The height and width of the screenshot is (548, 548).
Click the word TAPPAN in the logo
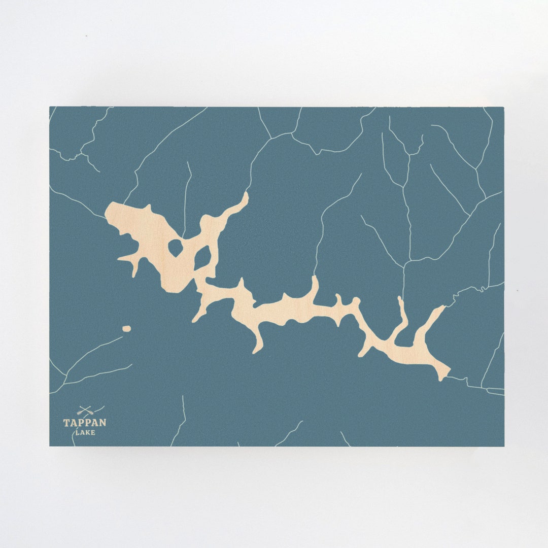coord(85,422)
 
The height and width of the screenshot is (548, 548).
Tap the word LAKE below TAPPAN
coord(85,432)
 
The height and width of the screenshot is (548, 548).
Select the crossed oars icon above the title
coord(85,410)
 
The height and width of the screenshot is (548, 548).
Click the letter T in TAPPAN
coord(66,422)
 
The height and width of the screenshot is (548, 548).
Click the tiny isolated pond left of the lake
coord(126,329)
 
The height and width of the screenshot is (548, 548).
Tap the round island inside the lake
coord(175,248)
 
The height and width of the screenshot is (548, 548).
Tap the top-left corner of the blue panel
coord(50,107)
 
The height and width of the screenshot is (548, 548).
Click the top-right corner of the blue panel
coord(504,107)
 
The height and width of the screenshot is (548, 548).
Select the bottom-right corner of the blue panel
coord(504,446)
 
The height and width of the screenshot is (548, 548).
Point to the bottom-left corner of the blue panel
coord(50,446)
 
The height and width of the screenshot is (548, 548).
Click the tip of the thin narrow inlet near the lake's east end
coord(399,298)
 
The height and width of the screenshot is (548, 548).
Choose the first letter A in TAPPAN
coord(73,422)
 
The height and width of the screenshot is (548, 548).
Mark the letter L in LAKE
coord(77,432)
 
